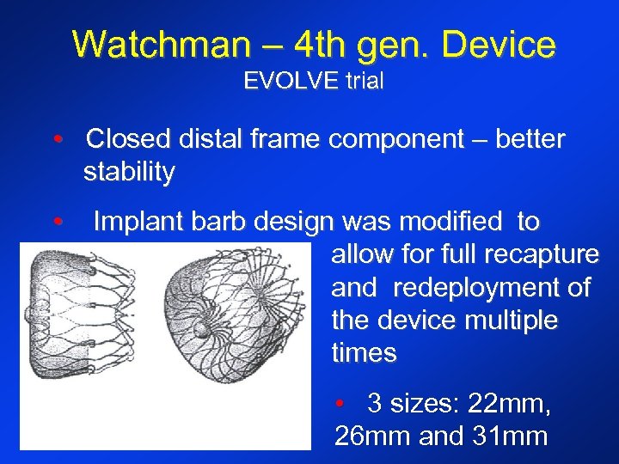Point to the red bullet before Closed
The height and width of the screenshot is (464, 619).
click(57, 140)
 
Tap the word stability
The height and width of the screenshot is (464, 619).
click(129, 173)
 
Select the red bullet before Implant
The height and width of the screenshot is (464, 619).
click(57, 223)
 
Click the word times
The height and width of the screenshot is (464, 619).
click(364, 353)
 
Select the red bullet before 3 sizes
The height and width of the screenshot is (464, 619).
click(340, 403)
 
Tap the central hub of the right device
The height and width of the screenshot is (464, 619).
click(200, 329)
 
